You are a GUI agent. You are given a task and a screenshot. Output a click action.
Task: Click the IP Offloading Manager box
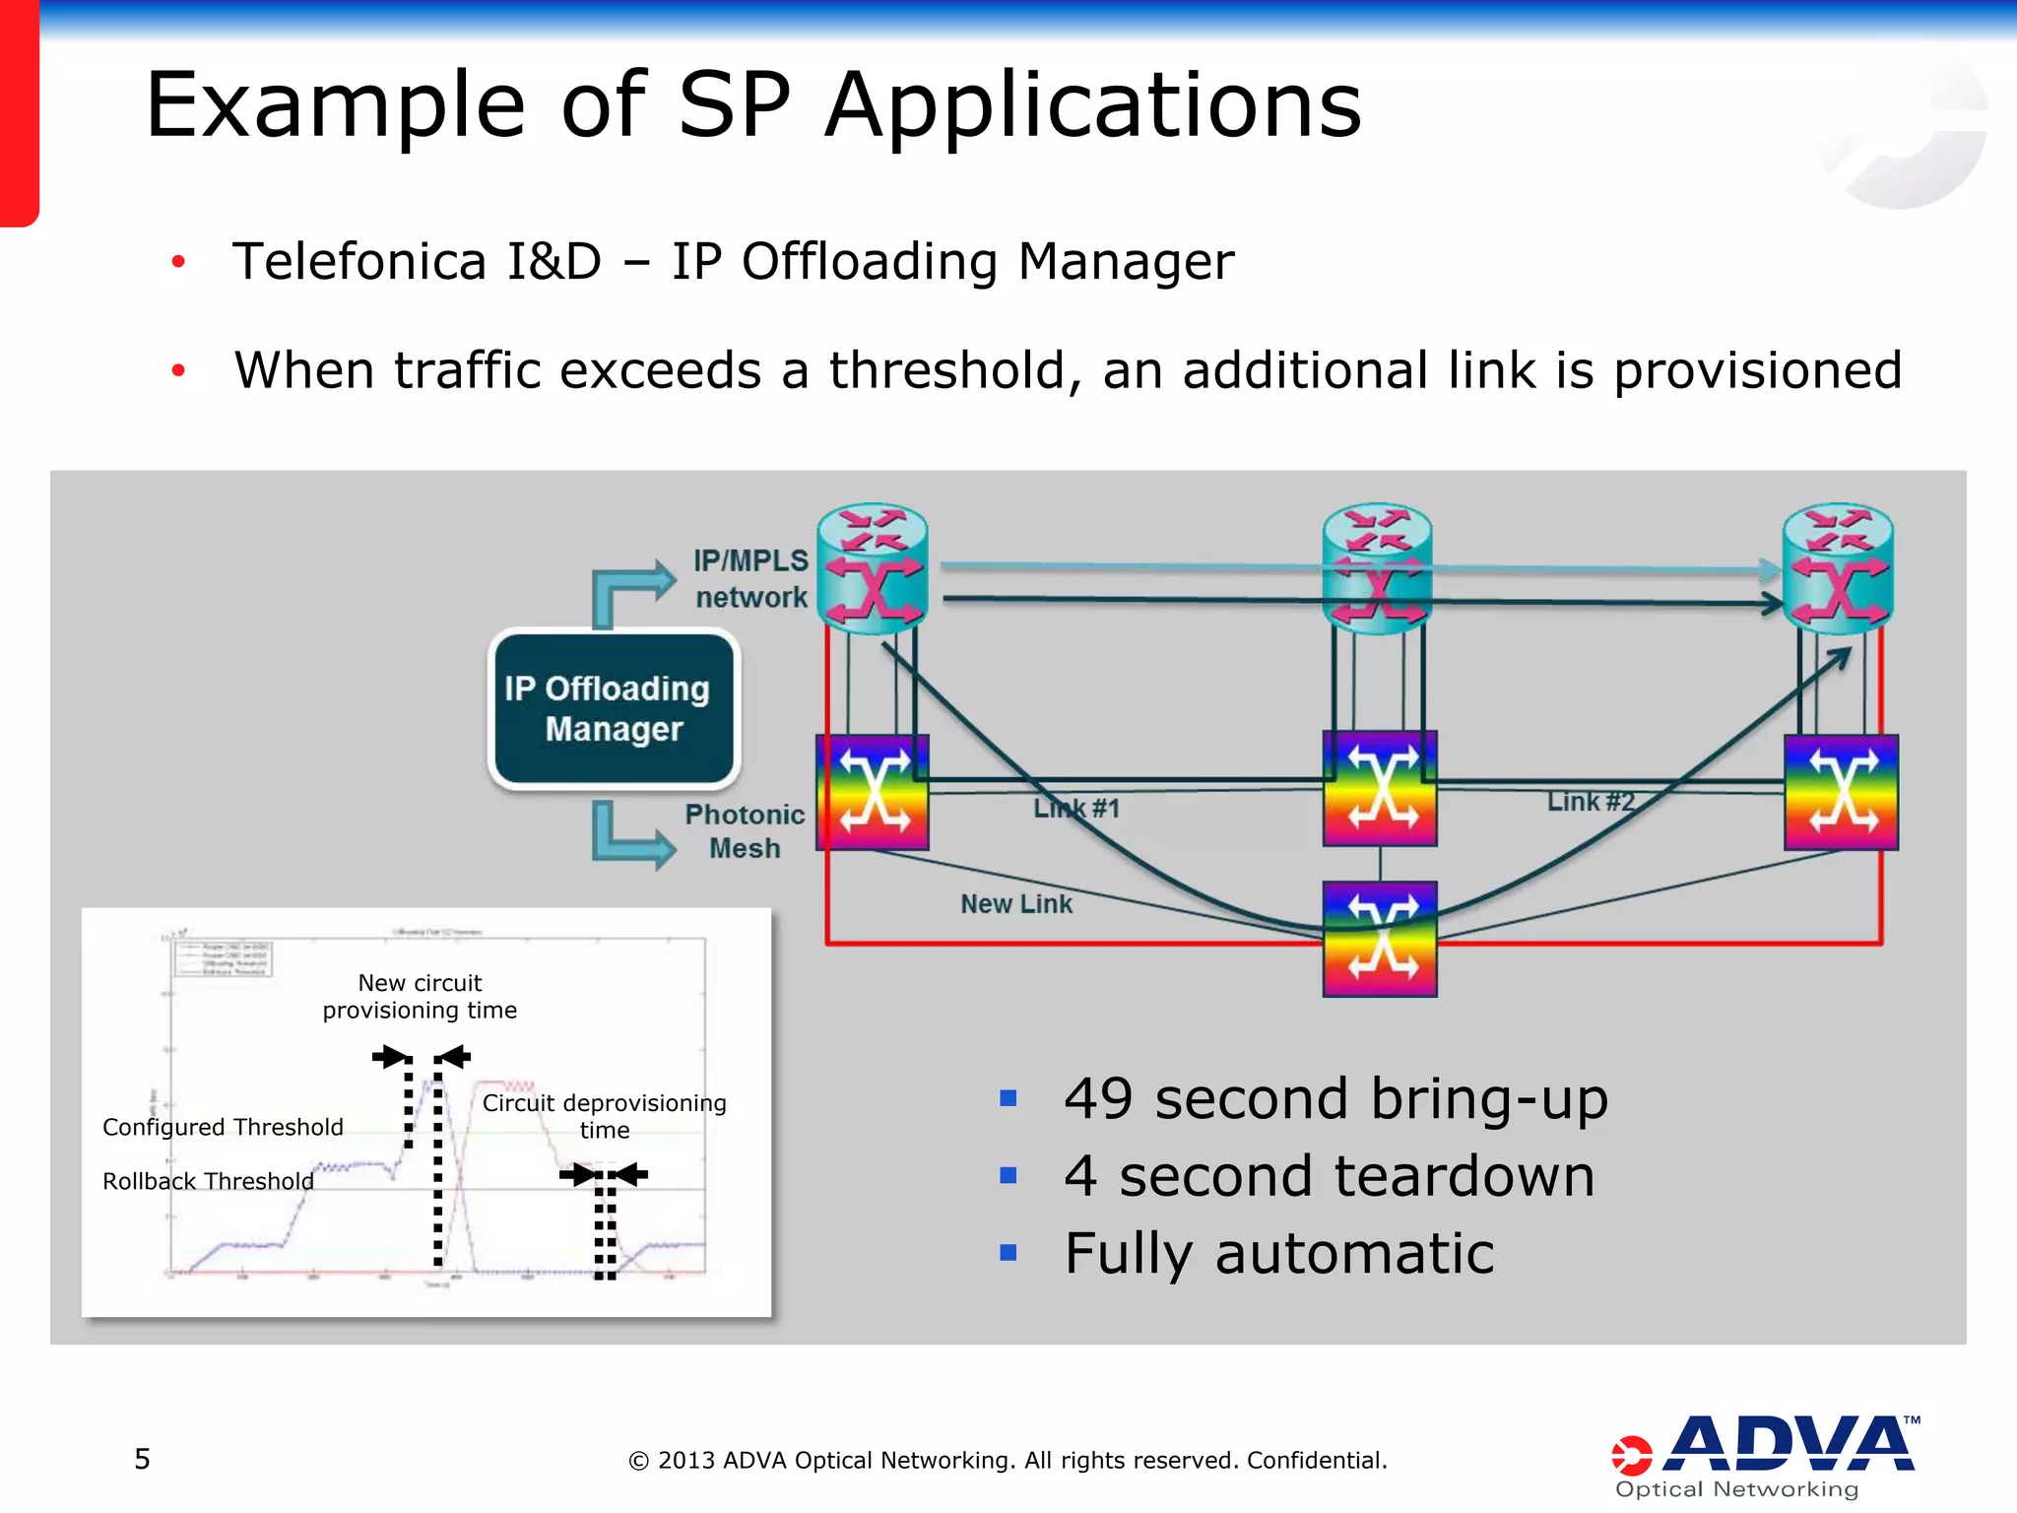pyautogui.click(x=614, y=708)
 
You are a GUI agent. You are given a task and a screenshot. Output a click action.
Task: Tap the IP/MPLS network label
pyautogui.click(x=750, y=579)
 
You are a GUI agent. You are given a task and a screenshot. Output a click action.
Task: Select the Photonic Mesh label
pyautogui.click(x=745, y=831)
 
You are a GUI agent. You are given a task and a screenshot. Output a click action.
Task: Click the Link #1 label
pyautogui.click(x=1076, y=809)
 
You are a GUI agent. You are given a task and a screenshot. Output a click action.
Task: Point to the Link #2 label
pyautogui.click(x=1590, y=802)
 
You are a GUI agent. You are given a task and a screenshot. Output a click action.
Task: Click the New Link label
pyautogui.click(x=1015, y=903)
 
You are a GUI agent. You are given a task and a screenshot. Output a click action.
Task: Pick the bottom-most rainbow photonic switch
pyautogui.click(x=1379, y=939)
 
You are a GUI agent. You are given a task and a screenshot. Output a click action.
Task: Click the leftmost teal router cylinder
pyautogui.click(x=873, y=568)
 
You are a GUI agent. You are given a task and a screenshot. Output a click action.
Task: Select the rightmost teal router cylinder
pyautogui.click(x=1838, y=568)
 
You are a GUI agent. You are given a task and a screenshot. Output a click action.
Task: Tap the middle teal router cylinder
pyautogui.click(x=1377, y=568)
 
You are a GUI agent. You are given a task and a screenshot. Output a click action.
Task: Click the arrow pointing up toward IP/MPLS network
pyautogui.click(x=630, y=587)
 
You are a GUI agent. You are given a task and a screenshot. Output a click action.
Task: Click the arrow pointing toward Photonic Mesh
pyautogui.click(x=630, y=837)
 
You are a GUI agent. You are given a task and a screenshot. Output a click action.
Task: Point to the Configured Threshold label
pyautogui.click(x=223, y=1127)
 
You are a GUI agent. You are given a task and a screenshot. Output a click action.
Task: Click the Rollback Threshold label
pyautogui.click(x=208, y=1181)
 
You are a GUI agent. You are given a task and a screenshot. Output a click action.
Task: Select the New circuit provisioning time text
pyautogui.click(x=420, y=996)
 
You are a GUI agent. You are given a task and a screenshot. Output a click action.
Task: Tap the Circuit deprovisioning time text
pyautogui.click(x=604, y=1116)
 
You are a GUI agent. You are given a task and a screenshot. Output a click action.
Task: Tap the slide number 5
pyautogui.click(x=143, y=1459)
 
